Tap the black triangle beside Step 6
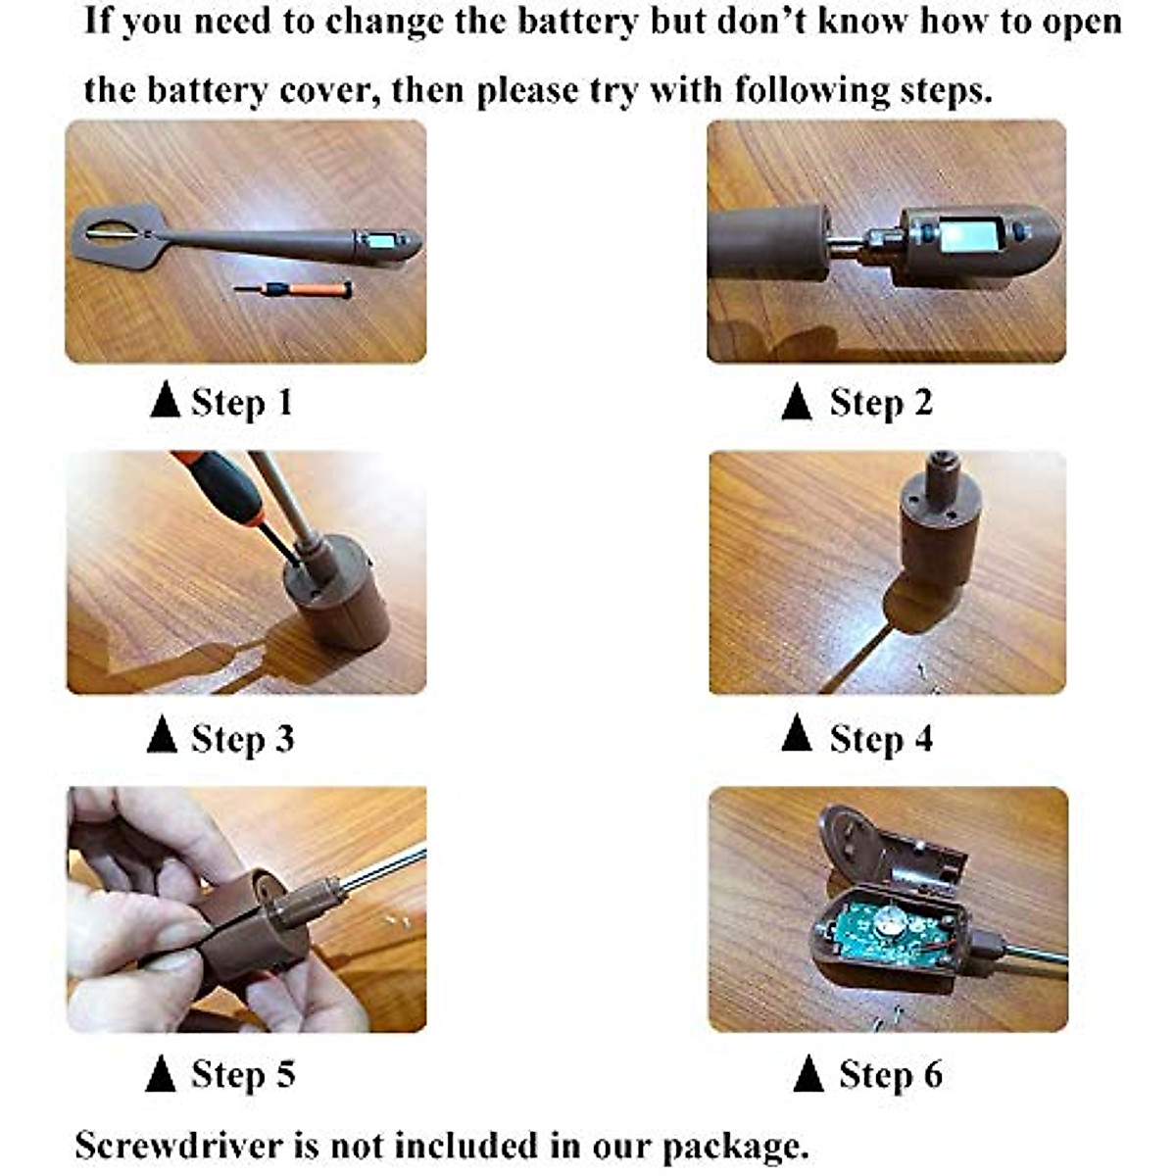click(x=808, y=1073)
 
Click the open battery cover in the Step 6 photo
click(x=891, y=850)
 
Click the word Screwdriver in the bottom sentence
click(x=179, y=1146)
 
